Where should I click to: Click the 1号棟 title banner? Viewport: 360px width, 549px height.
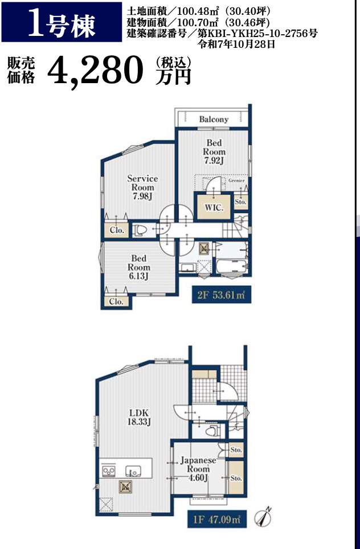coord(62,22)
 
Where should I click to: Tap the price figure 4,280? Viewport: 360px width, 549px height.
coord(95,71)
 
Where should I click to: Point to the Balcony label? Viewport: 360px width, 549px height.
coord(214,120)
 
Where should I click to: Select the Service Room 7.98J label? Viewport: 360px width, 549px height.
coord(142,188)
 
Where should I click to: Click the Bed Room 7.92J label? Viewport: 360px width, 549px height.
coord(214,152)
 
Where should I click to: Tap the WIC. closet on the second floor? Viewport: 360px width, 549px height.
coord(214,207)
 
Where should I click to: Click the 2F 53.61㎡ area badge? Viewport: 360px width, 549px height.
coord(222,295)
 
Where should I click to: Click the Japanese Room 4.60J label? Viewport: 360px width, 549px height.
coord(198,469)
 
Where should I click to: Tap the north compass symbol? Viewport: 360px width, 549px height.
coord(264,516)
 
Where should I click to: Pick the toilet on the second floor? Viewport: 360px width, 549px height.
coord(140,231)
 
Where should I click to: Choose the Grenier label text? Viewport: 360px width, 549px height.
coord(236,181)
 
